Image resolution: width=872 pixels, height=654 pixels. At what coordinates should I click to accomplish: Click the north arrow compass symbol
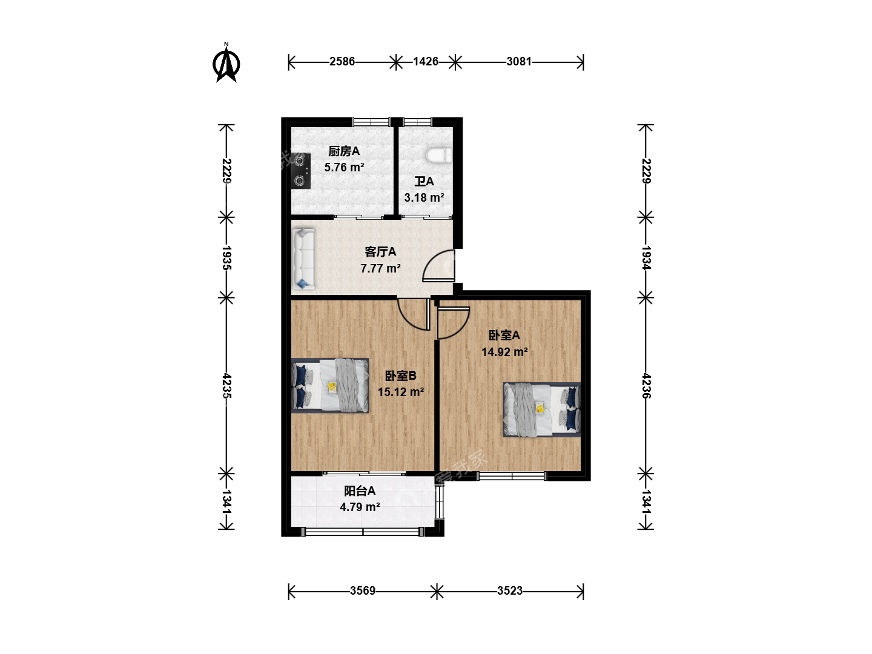pos(226,64)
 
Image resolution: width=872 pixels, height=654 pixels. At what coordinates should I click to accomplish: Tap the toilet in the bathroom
pos(439,155)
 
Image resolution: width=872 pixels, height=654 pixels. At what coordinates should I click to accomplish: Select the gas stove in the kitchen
pos(300,171)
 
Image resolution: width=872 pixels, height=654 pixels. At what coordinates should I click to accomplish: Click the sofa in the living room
pos(303,259)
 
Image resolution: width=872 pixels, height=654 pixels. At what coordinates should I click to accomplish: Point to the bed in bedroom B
pos(330,386)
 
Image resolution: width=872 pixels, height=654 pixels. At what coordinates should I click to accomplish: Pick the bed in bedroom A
pos(542,409)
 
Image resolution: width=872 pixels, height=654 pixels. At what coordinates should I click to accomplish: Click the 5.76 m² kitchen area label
pos(344,167)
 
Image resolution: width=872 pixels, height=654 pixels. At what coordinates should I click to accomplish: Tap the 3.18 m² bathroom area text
pos(424,197)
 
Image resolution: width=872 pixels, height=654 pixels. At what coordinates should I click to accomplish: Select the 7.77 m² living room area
pos(380,268)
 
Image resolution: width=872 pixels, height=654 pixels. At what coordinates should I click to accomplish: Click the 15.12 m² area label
pos(400,392)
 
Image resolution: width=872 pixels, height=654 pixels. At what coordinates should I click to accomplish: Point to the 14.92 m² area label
pos(504,352)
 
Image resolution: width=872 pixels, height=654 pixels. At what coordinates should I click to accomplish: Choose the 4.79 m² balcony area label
pos(360,507)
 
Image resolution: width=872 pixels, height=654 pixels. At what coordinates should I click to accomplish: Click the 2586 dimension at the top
pos(342,62)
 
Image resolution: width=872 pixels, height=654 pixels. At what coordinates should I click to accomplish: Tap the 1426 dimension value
pos(426,62)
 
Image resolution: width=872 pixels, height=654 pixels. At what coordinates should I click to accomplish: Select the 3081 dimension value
pos(519,62)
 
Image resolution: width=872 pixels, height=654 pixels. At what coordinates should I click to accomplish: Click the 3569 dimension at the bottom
pos(362,591)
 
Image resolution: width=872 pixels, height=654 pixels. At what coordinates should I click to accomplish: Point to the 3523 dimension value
pos(510,591)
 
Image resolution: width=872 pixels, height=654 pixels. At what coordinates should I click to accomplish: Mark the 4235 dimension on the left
pos(226,386)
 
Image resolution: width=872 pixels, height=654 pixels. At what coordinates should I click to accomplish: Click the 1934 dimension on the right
pos(646,258)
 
